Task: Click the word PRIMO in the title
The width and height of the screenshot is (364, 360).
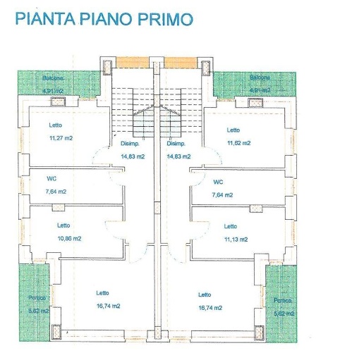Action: pos(164,18)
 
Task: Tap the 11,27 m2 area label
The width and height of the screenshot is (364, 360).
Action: pos(61,138)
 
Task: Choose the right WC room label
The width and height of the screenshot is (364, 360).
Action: pos(218,181)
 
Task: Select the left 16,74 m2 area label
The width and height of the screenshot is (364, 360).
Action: pos(108,306)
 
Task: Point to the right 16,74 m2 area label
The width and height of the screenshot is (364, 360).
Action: pos(210,308)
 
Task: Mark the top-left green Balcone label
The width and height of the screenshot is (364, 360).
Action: pos(53,77)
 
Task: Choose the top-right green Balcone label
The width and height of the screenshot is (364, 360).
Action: pos(260,77)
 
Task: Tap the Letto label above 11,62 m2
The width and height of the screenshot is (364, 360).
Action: pos(233,130)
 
